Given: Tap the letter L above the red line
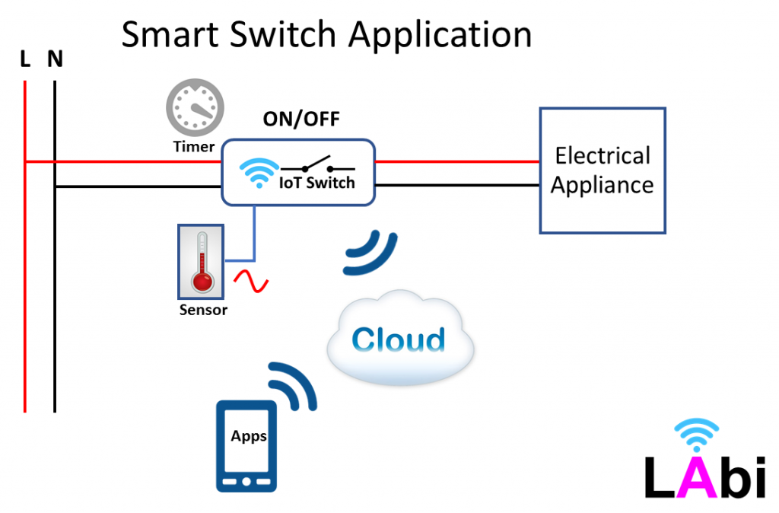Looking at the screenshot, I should pos(25,59).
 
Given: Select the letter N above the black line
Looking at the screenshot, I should pos(55,59).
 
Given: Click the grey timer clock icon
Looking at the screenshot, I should pos(195,109).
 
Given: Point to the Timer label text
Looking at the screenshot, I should pos(194,146).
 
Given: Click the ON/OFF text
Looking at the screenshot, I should pos(301,119).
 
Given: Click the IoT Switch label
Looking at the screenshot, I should pos(317,183).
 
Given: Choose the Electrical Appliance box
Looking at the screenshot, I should pos(603,170).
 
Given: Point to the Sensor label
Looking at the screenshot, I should pos(203,310).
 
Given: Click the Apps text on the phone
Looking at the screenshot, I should pos(249,436).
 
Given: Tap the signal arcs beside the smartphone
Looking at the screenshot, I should pos(293,387).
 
